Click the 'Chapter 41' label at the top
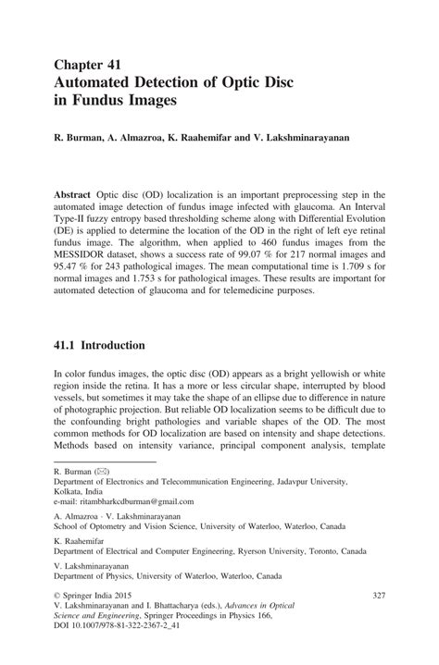coord(88,65)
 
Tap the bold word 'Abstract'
coord(75,196)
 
